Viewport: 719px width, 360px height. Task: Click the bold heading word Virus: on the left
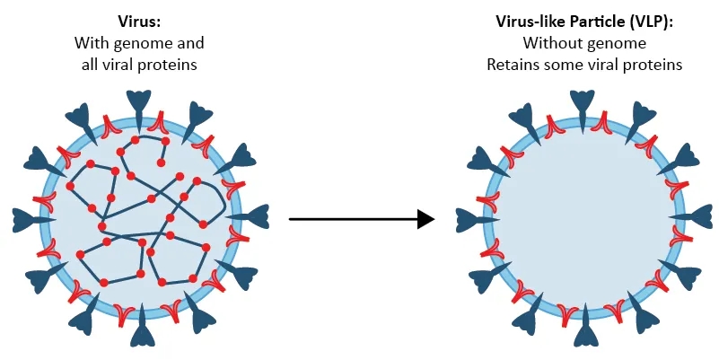[139, 20]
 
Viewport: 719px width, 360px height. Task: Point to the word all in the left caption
[84, 65]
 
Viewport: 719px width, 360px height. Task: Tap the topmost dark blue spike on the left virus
[139, 103]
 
